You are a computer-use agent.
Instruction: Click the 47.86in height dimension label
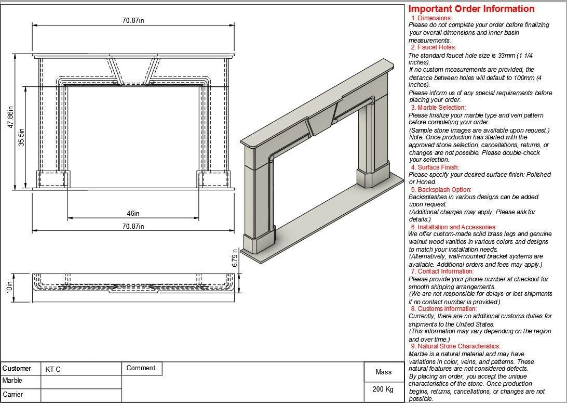10,120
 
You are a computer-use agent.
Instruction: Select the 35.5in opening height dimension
22,137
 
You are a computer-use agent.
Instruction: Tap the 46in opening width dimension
133,213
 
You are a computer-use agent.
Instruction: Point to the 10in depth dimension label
9,288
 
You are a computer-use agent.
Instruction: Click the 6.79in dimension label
235,260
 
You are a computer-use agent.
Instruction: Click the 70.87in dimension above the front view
133,20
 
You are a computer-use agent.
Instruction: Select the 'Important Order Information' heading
471,9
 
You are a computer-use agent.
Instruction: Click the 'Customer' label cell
17,369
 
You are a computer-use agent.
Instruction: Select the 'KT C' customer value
53,370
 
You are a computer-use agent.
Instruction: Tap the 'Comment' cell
141,368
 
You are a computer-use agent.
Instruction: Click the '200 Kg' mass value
383,389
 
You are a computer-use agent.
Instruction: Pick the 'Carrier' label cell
13,395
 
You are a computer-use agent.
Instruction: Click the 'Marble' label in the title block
12,381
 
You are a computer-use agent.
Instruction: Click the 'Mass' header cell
383,372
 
